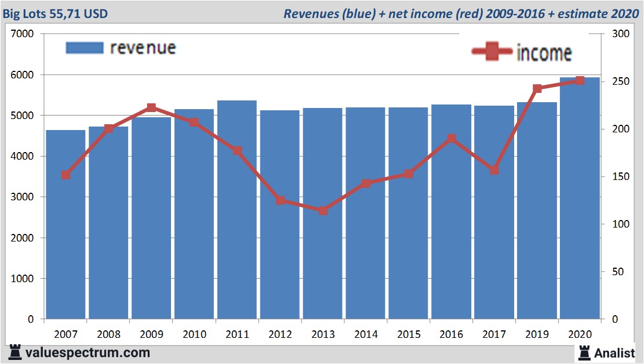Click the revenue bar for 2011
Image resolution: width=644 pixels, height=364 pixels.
coord(237,210)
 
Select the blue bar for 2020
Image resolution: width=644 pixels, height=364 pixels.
coord(580,198)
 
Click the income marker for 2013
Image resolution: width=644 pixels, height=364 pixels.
coord(323,211)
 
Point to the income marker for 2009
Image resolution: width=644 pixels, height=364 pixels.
coord(151,108)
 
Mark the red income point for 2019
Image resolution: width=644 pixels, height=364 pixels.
coord(537,89)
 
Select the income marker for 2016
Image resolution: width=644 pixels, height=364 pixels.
coord(451,139)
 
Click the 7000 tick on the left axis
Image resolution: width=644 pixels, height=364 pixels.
coord(23,34)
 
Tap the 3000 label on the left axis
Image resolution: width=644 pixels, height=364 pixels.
coord(23,197)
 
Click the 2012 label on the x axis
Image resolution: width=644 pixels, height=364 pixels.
coord(280,335)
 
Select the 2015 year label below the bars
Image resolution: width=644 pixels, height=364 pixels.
coord(408,335)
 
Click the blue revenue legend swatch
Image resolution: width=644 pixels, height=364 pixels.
coord(84,48)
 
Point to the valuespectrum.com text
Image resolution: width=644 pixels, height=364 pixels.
coord(88,352)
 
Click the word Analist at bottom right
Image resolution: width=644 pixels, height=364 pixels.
coord(615,352)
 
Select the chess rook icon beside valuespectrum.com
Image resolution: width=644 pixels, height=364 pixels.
coord(15,352)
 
